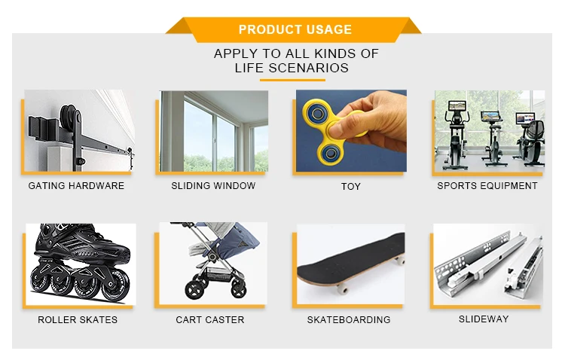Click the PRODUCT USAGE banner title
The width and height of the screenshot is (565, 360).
(x=295, y=29)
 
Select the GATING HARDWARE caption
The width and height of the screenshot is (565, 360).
(x=76, y=185)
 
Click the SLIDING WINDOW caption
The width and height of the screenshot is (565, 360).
(x=213, y=185)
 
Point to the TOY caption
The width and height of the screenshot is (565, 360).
(x=350, y=186)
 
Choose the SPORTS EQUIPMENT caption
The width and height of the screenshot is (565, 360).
(x=487, y=185)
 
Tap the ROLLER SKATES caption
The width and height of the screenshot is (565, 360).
(x=78, y=319)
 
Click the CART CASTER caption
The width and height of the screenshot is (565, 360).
(x=210, y=319)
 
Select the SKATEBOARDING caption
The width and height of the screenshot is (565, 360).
(x=349, y=319)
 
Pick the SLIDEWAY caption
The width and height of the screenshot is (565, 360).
(x=484, y=319)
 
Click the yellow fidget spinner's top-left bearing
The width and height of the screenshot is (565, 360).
(x=317, y=114)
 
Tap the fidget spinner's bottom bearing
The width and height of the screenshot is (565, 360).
(x=330, y=154)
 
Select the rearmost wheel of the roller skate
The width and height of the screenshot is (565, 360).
(x=115, y=288)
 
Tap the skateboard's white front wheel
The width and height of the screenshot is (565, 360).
(x=341, y=288)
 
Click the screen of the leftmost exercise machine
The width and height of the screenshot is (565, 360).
(x=457, y=105)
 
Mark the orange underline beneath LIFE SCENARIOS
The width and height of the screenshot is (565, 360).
(x=292, y=80)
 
